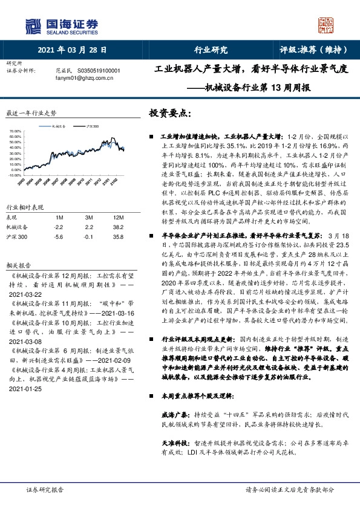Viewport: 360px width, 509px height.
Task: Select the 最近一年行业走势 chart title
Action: click(31, 113)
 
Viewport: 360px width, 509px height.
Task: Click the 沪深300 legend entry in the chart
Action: click(92, 126)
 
